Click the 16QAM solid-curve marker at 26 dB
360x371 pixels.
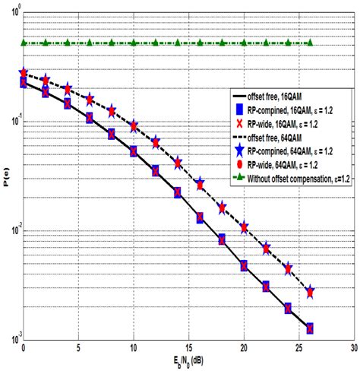click(x=309, y=328)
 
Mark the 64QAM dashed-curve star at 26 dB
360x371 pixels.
click(x=309, y=292)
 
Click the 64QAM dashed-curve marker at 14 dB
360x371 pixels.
click(x=178, y=163)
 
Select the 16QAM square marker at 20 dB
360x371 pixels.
click(x=243, y=266)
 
